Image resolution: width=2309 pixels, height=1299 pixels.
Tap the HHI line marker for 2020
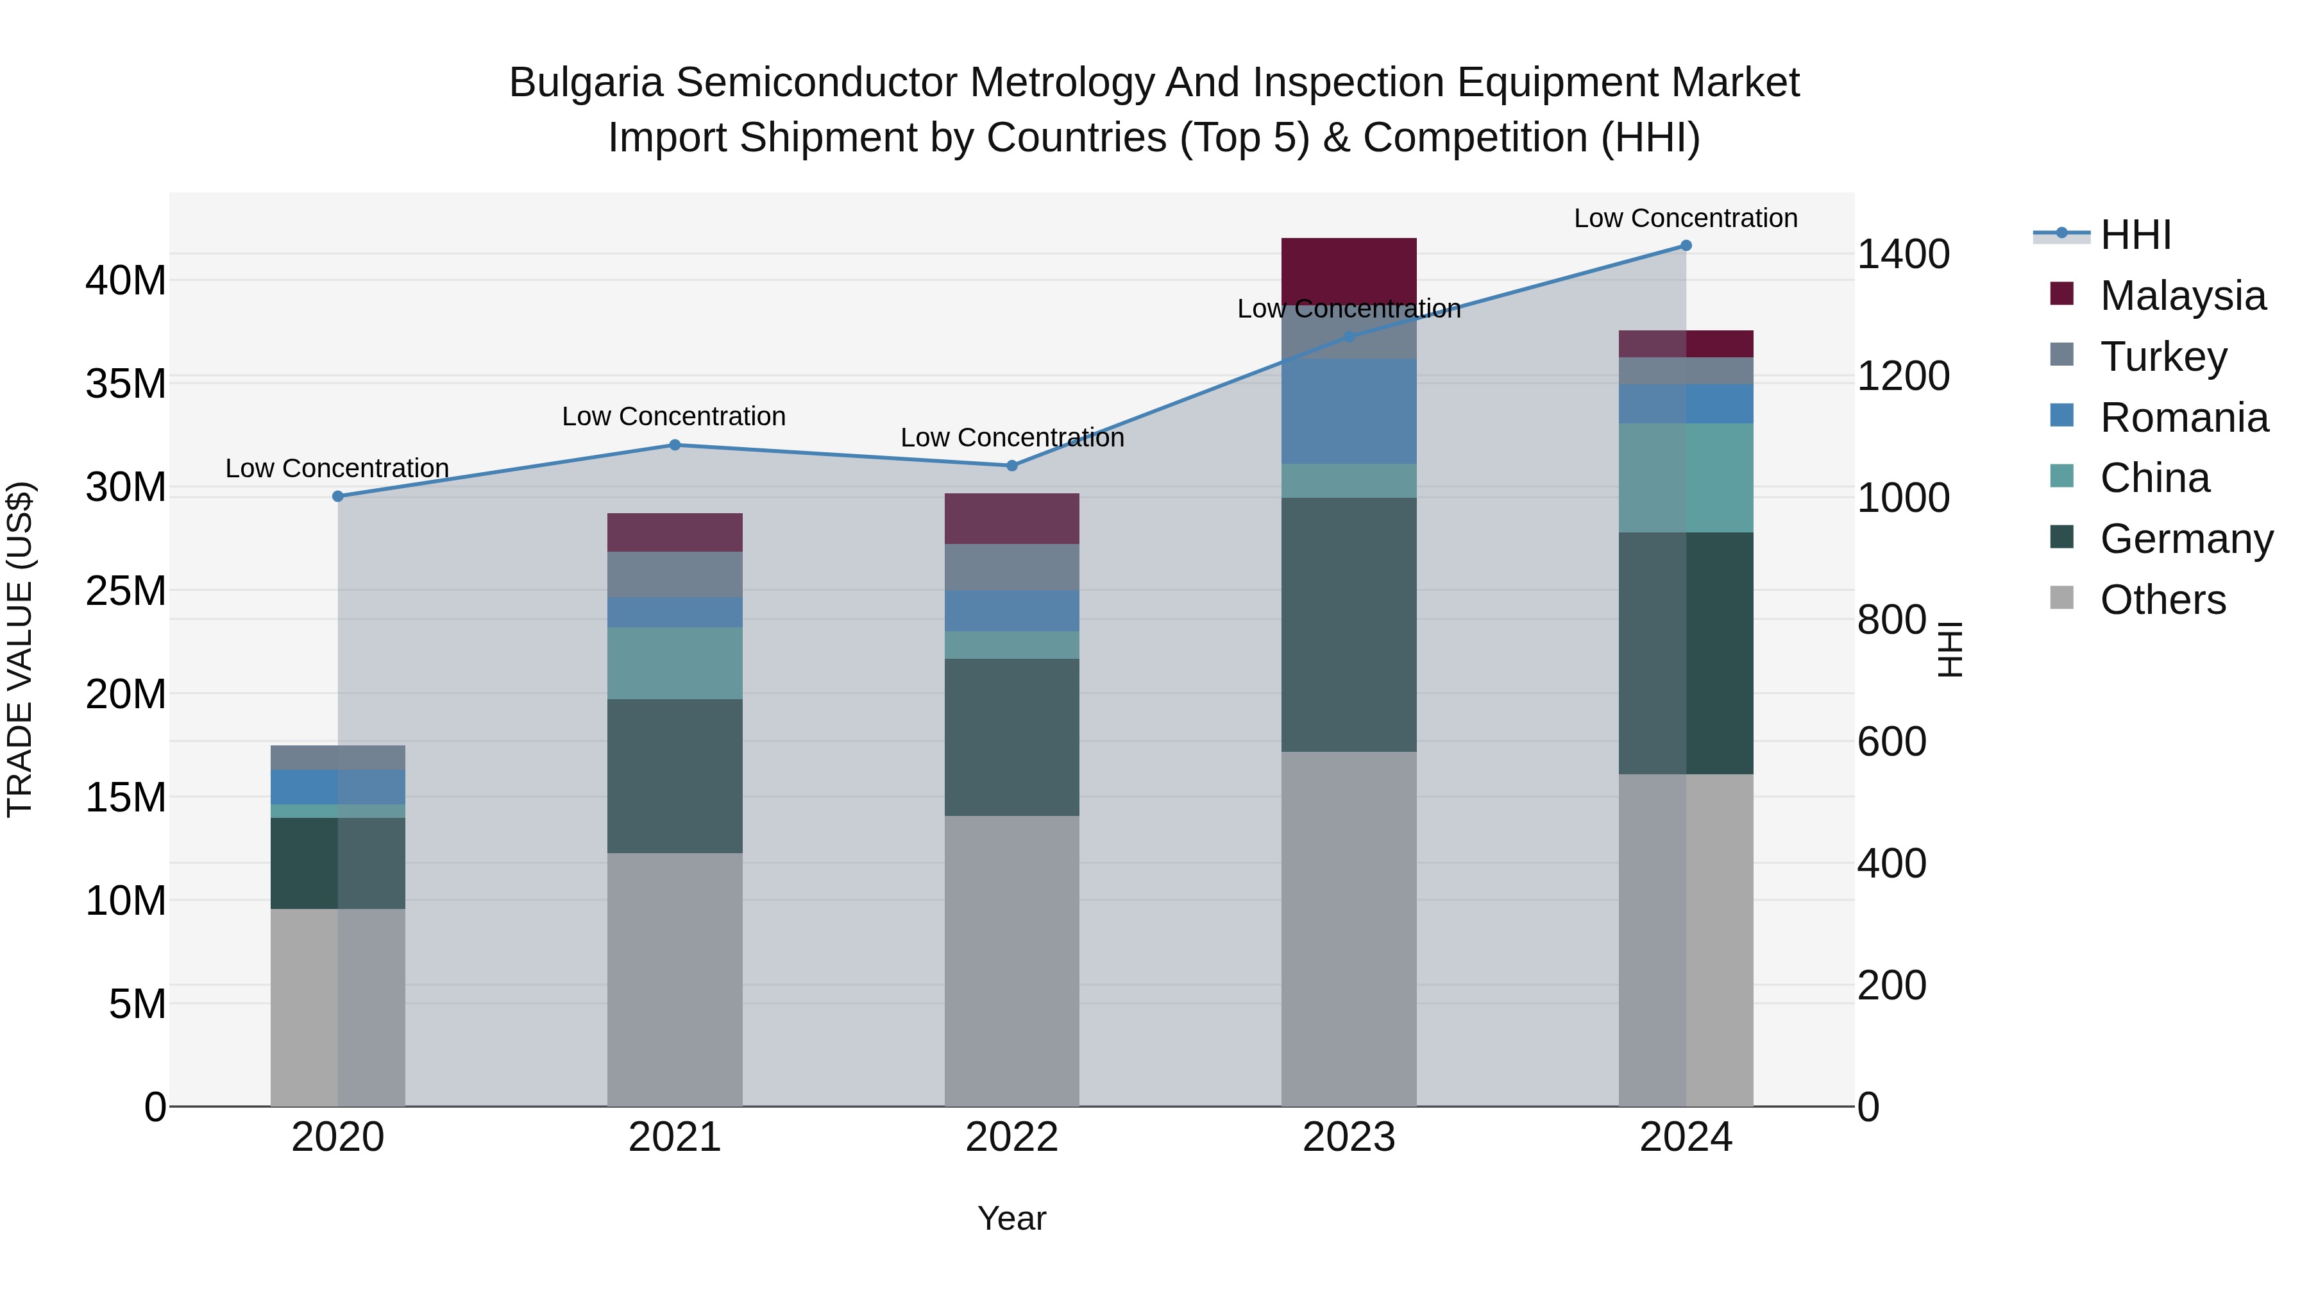338,497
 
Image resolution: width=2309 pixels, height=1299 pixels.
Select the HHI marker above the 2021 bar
675,445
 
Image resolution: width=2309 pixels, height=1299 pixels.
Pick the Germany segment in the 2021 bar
675,776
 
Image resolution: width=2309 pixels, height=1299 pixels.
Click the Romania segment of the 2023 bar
1348,411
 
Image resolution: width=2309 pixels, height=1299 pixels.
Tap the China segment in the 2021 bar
675,663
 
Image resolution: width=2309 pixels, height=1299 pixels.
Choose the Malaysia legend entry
2182,296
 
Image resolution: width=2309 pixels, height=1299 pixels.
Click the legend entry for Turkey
2162,357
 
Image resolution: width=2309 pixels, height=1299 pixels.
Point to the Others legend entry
2162,600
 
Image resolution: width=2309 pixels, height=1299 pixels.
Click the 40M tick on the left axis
126,280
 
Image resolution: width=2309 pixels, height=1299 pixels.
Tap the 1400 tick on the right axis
1902,255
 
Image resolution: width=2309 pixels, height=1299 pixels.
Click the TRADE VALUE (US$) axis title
20,649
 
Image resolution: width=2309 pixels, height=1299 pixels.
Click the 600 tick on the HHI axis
1891,742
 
